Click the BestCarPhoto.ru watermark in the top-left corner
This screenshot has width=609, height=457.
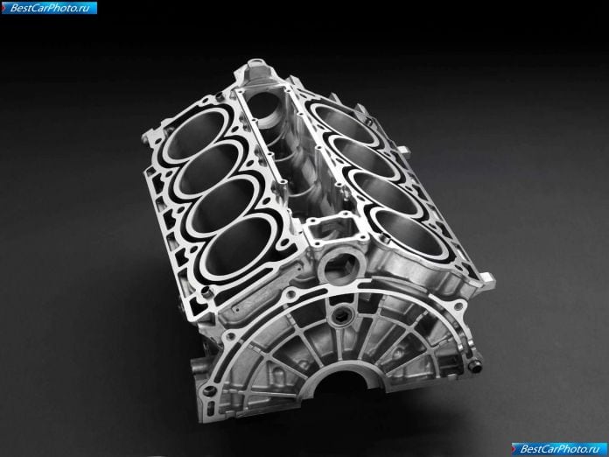49,8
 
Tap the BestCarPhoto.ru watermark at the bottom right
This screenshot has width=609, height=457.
559,449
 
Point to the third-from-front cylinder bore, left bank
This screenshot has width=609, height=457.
210,168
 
